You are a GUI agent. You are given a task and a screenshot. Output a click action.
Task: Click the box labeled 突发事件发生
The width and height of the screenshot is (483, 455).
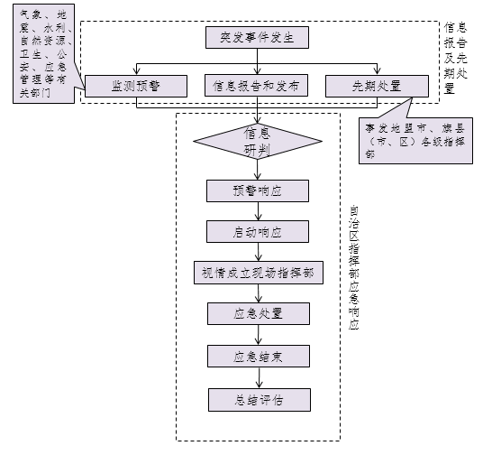[x=258, y=38]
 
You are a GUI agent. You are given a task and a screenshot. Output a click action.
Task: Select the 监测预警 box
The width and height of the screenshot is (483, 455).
[x=136, y=86]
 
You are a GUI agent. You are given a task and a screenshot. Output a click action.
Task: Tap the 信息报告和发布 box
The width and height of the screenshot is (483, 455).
[x=258, y=86]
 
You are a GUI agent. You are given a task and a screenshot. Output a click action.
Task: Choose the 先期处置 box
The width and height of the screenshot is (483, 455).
[x=377, y=86]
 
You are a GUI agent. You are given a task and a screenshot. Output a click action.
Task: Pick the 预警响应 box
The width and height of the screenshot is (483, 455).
[x=258, y=190]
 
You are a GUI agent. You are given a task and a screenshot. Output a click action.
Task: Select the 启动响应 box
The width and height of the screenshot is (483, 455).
[x=258, y=231]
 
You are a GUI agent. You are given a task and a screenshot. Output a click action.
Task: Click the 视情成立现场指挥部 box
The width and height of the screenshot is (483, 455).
[x=258, y=273]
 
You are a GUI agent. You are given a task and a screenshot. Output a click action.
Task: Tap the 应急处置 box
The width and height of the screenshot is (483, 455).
[x=258, y=313]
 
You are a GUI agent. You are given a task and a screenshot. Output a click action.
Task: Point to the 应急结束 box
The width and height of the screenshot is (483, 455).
[x=258, y=355]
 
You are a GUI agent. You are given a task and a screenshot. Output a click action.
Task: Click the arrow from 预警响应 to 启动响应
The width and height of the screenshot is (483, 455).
[x=258, y=210]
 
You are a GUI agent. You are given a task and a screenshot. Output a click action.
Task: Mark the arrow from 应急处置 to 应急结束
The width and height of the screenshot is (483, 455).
[x=258, y=334]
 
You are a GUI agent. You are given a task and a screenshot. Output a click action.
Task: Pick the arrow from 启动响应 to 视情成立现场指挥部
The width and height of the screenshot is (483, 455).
[x=258, y=252]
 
